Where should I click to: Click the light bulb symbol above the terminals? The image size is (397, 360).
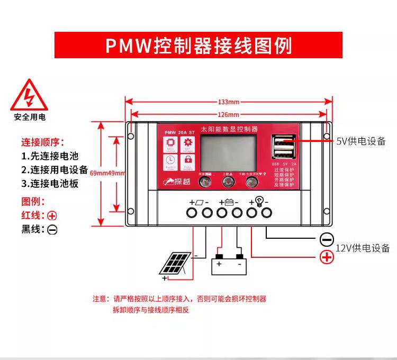tap(259, 201)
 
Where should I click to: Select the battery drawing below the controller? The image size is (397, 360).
tap(228, 263)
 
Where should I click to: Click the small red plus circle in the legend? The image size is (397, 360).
tap(52, 215)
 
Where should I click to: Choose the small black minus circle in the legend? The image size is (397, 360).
tap(52, 230)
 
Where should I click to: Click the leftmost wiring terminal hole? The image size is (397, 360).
tap(192, 213)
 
